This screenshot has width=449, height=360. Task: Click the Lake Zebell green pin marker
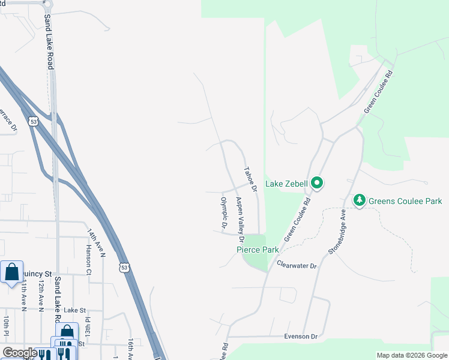coord(317,182)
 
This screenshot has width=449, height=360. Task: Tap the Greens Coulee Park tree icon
coord(360,200)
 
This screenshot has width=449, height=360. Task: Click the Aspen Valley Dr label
coord(240,215)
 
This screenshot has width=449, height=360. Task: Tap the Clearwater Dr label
coord(297,264)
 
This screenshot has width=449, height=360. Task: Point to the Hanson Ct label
coord(88,259)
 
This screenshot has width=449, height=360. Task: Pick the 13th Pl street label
coord(87,328)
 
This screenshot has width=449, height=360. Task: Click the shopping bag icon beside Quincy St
coord(11,272)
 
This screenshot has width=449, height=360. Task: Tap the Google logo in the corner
coord(20,353)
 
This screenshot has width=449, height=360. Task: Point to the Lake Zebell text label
coord(286,183)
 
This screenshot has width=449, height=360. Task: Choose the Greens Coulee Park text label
coord(405,201)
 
